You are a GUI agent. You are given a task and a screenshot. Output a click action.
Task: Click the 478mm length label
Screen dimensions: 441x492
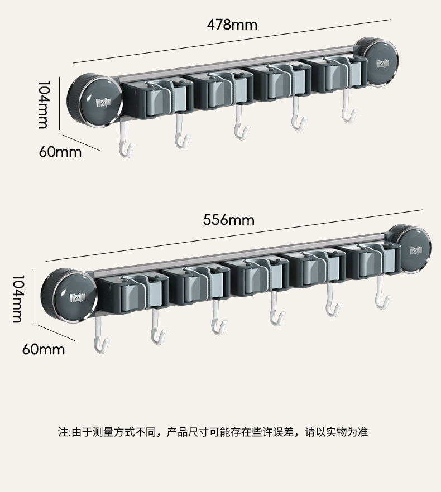coord(232,25)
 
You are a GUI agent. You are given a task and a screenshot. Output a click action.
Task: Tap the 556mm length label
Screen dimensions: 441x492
coord(228,219)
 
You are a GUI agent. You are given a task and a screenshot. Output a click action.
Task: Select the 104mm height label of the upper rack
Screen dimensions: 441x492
coord(43,104)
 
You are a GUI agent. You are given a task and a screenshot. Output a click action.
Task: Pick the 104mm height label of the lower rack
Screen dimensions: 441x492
coord(17,298)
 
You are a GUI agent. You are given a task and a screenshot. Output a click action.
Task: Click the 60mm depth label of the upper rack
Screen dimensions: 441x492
coord(60,152)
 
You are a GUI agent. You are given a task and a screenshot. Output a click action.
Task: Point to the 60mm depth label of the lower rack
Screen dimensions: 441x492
coord(44,349)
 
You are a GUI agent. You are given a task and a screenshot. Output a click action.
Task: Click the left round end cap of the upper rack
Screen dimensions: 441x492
coord(95,100)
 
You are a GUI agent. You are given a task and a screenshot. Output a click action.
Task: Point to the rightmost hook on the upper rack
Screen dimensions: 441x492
coord(349,112)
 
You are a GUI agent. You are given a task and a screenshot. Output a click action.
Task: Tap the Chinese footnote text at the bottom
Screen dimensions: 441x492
coord(213,432)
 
